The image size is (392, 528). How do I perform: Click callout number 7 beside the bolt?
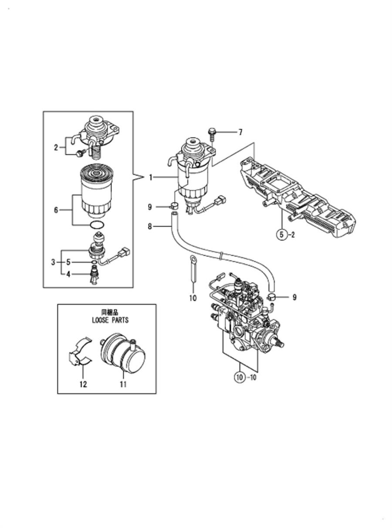coord(240,132)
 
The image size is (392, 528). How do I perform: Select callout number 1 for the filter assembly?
coord(151,177)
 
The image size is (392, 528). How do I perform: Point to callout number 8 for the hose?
coord(150,226)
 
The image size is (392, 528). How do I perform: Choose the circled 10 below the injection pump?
coord(240,378)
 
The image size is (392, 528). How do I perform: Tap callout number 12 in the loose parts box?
coord(84,384)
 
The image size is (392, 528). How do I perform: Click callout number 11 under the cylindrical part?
coord(123,384)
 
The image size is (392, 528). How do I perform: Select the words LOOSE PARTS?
coord(110,320)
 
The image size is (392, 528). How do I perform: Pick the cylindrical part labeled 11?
coord(123,353)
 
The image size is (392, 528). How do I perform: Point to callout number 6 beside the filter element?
coord(56,210)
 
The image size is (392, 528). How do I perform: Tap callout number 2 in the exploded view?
coord(56,147)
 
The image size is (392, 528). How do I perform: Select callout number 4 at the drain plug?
coord(68,274)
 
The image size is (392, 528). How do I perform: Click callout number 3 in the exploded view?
coord(53,262)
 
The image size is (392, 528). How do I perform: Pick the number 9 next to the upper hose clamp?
coord(150,207)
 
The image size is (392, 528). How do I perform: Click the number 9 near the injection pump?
coord(294,297)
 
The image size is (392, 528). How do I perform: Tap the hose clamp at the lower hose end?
coord(271,297)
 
